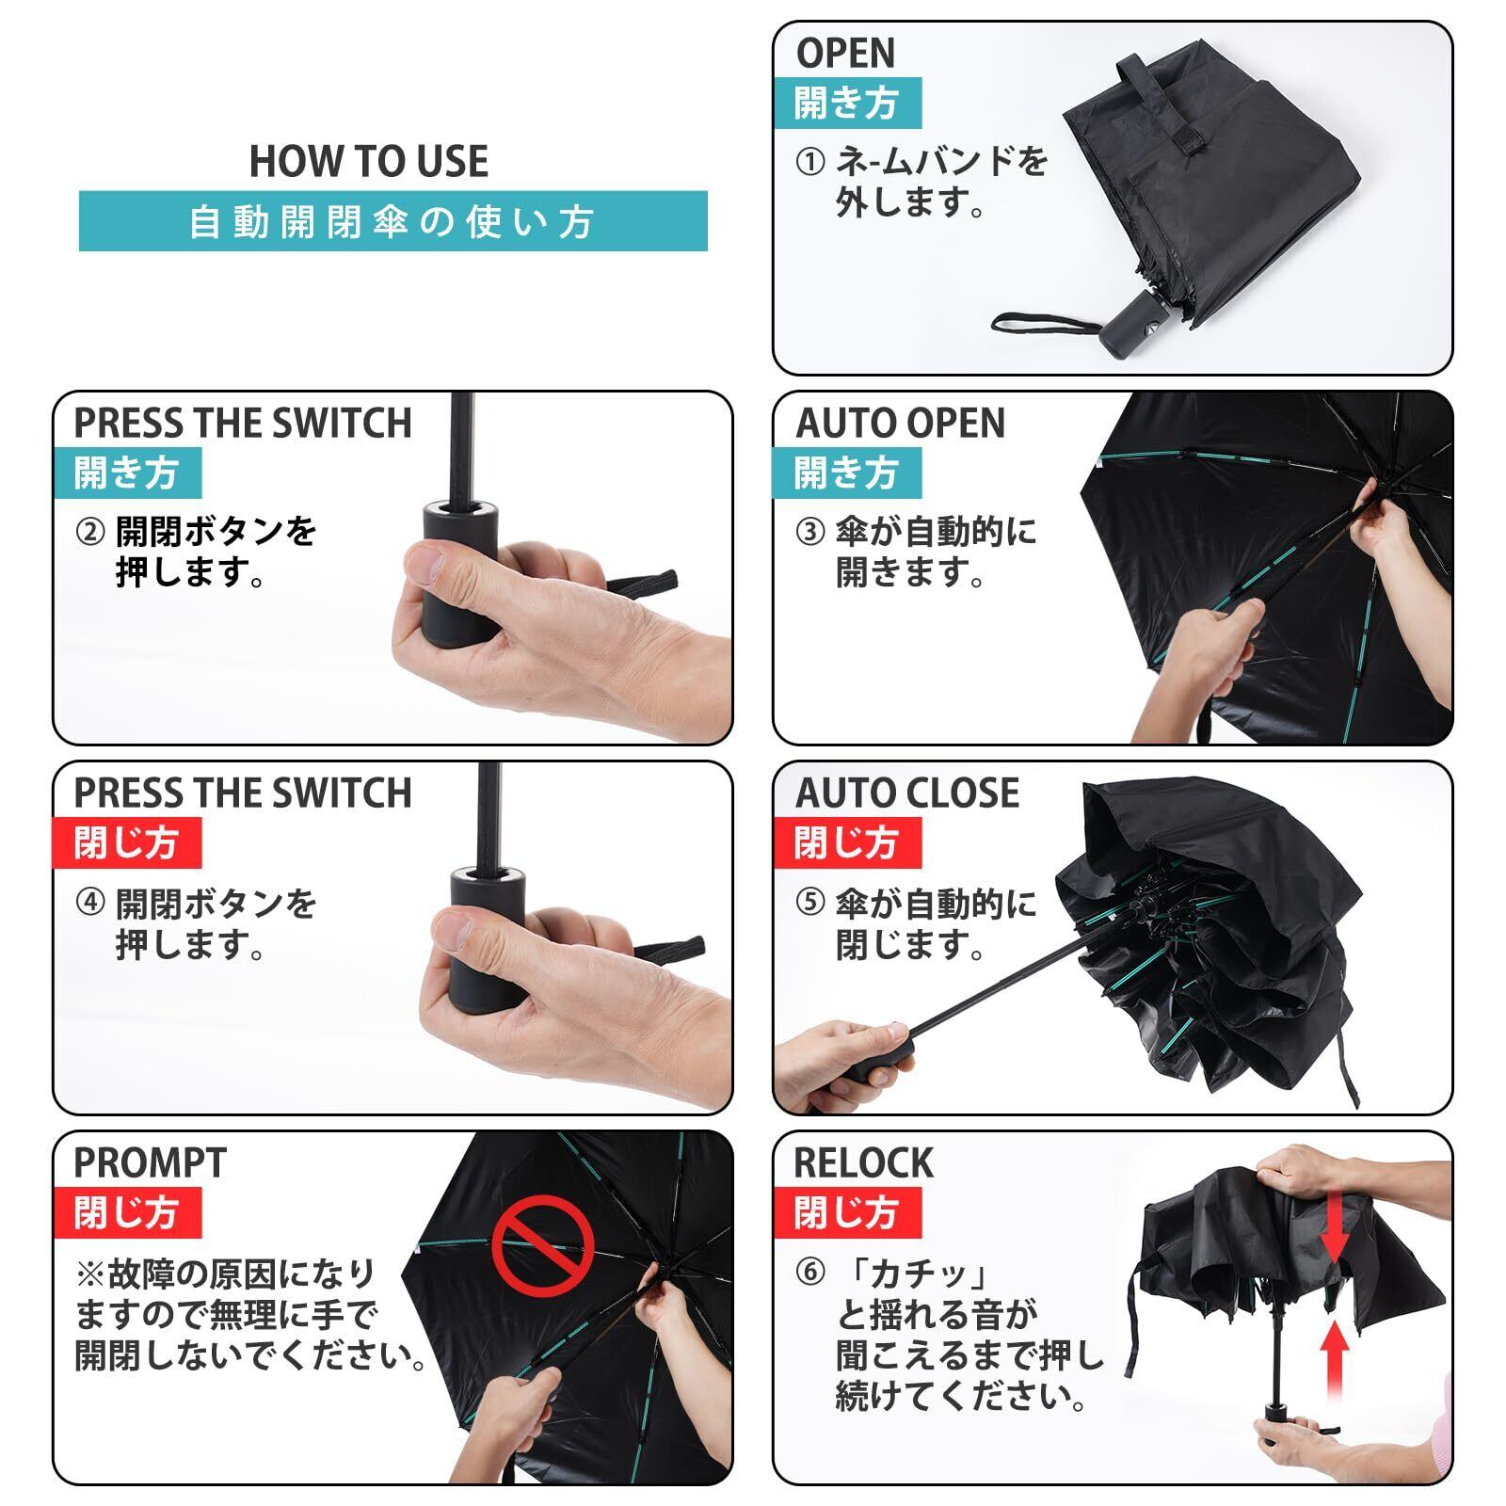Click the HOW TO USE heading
[369, 161]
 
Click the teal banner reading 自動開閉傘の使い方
[393, 221]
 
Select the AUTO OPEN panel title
[901, 424]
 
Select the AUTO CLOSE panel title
[907, 793]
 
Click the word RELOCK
[864, 1163]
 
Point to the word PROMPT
[151, 1163]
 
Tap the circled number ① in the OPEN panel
[809, 163]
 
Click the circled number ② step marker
[89, 533]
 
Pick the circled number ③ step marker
[809, 533]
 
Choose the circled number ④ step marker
[89, 904]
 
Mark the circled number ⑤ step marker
[809, 904]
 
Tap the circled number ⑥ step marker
[809, 1274]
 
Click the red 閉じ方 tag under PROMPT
[126, 1213]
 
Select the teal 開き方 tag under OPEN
[846, 103]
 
